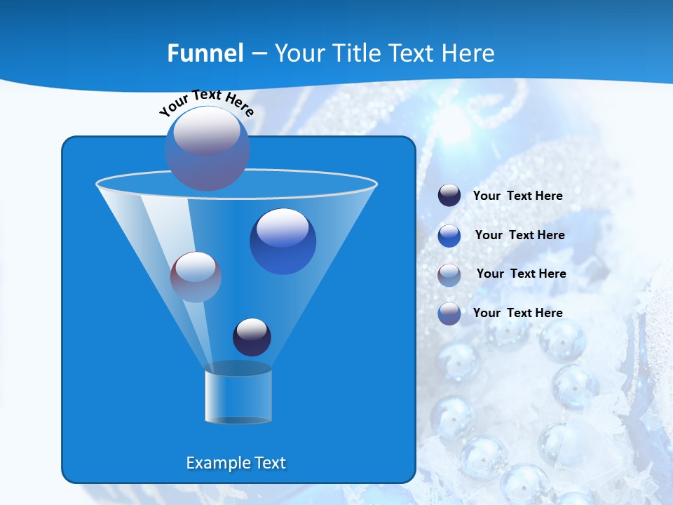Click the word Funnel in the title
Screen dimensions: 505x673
click(205, 53)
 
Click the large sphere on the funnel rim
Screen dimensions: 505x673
click(207, 149)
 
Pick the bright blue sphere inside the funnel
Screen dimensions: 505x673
click(283, 241)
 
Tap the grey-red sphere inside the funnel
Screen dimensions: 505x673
click(196, 277)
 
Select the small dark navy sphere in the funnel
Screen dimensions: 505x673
click(252, 337)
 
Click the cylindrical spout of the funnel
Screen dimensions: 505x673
click(238, 396)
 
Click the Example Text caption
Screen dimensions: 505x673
click(236, 463)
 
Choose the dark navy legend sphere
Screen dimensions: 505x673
click(449, 196)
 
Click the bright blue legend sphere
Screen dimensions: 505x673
click(449, 235)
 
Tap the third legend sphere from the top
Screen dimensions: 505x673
click(449, 274)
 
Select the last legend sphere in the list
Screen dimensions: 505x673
click(449, 314)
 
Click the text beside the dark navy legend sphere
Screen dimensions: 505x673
click(517, 196)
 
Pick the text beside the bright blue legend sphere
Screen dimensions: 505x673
click(519, 235)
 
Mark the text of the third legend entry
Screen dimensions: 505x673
click(521, 274)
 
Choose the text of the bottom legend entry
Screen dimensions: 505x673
click(517, 313)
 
